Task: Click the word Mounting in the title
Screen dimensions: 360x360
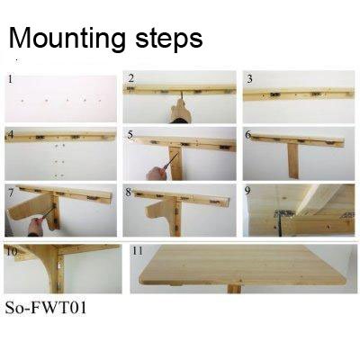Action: pyautogui.click(x=67, y=39)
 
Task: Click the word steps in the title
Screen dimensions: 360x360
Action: pyautogui.click(x=169, y=39)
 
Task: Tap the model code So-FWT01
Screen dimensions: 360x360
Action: pyautogui.click(x=46, y=308)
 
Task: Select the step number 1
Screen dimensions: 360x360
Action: pyautogui.click(x=10, y=79)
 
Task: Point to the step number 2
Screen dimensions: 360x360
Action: pyautogui.click(x=130, y=78)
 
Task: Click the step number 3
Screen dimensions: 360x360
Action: pyautogui.click(x=249, y=79)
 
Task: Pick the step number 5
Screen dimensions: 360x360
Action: pyautogui.click(x=130, y=135)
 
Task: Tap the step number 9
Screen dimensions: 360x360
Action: pyautogui.click(x=247, y=191)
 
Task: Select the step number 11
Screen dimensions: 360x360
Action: pyautogui.click(x=138, y=250)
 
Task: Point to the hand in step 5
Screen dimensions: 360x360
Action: pyautogui.click(x=156, y=174)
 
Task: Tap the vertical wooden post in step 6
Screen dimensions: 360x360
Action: pyautogui.click(x=293, y=160)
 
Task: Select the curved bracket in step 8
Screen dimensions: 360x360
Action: pyautogui.click(x=160, y=214)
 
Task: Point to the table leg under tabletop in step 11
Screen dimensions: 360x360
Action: pyautogui.click(x=234, y=289)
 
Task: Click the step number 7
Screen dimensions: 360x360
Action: pyautogui.click(x=11, y=193)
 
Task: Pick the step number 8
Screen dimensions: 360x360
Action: pyautogui.click(x=129, y=193)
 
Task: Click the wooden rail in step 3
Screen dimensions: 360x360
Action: pyautogui.click(x=299, y=94)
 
